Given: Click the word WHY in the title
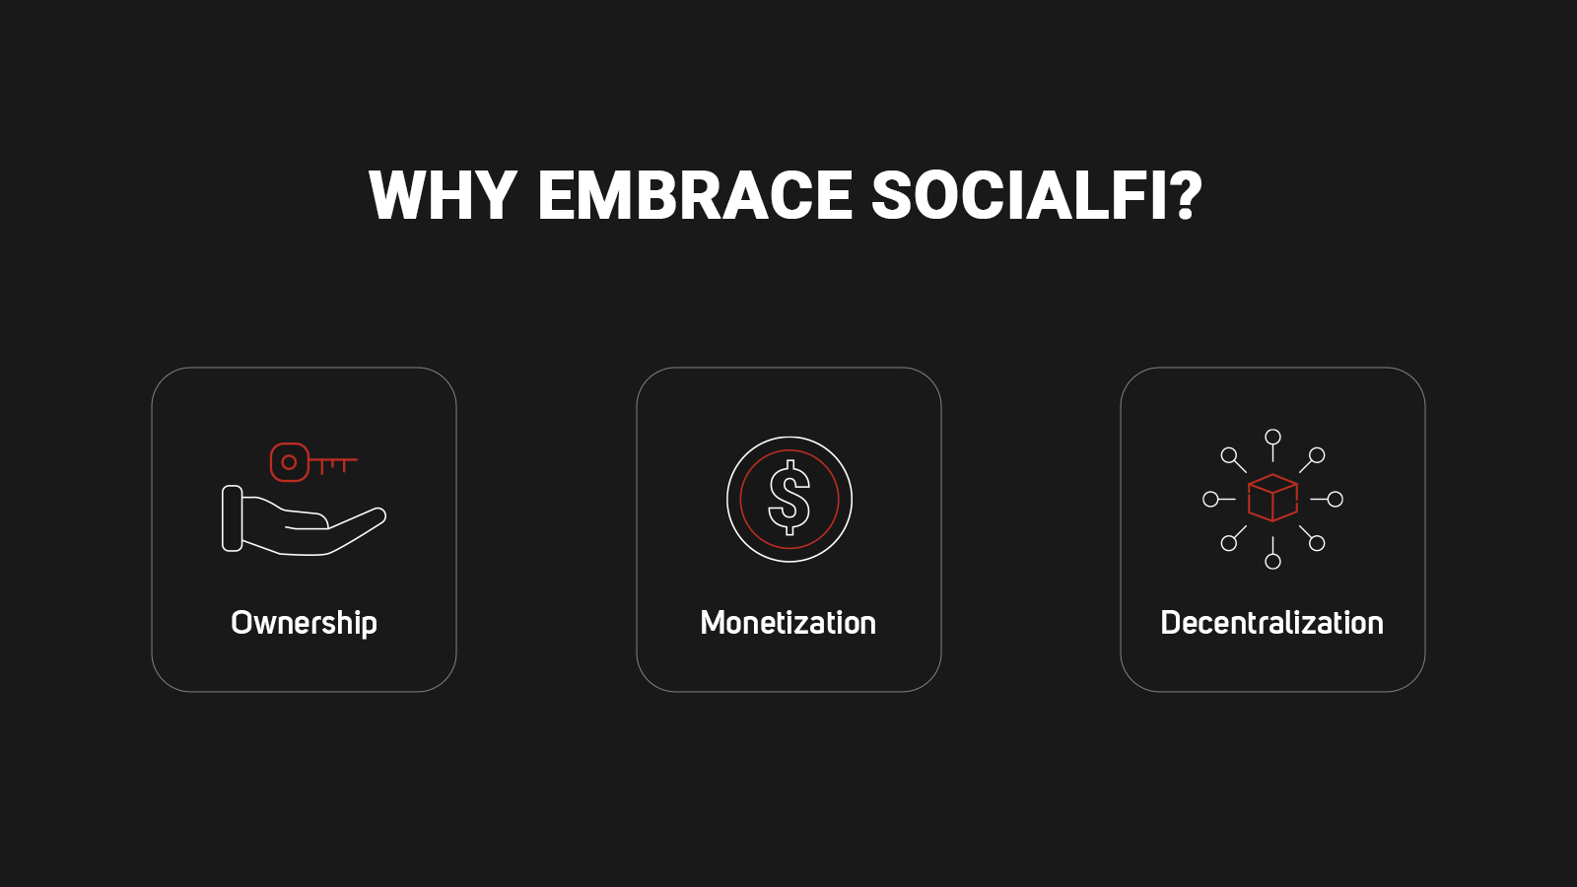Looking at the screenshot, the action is [443, 196].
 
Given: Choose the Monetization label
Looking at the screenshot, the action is [788, 623].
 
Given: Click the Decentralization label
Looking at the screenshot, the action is [1272, 623].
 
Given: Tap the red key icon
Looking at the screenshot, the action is [314, 462].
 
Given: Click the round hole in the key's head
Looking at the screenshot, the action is [289, 462].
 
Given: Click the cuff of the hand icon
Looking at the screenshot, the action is [233, 518].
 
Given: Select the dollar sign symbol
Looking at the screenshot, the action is [789, 498].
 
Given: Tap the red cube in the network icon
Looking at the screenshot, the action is [1272, 498].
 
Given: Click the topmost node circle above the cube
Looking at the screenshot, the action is [1272, 438].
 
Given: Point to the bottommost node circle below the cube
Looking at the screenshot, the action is [1272, 561].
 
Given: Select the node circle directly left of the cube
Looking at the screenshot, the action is [1211, 499].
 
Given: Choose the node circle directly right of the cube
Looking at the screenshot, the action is [1335, 499].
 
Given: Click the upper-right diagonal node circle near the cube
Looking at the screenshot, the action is [1317, 455].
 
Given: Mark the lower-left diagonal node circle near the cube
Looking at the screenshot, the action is [1228, 543].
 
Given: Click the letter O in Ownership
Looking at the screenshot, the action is [241, 622].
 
